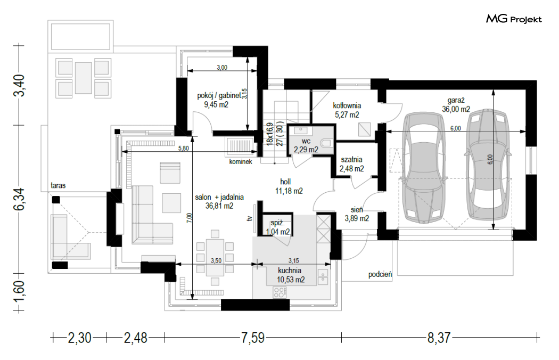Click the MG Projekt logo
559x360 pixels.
click(x=514, y=19)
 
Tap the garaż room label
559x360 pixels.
click(x=456, y=100)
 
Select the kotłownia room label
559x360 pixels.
click(x=347, y=105)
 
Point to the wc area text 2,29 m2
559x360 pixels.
click(x=306, y=150)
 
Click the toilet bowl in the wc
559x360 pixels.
click(x=326, y=143)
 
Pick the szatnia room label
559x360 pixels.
click(x=351, y=159)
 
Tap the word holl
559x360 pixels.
click(x=285, y=182)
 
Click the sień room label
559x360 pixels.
click(x=357, y=210)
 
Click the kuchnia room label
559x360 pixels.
click(x=290, y=271)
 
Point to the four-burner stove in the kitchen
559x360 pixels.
click(x=279, y=292)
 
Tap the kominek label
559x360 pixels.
click(x=241, y=161)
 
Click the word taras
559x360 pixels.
click(x=58, y=185)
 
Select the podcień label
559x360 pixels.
click(x=380, y=274)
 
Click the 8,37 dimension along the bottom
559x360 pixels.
click(x=439, y=338)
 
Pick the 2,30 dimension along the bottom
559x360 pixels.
click(x=79, y=338)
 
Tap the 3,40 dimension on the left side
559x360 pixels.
click(x=20, y=85)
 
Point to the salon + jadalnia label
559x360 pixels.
click(x=219, y=197)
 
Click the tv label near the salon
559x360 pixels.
click(x=250, y=218)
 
